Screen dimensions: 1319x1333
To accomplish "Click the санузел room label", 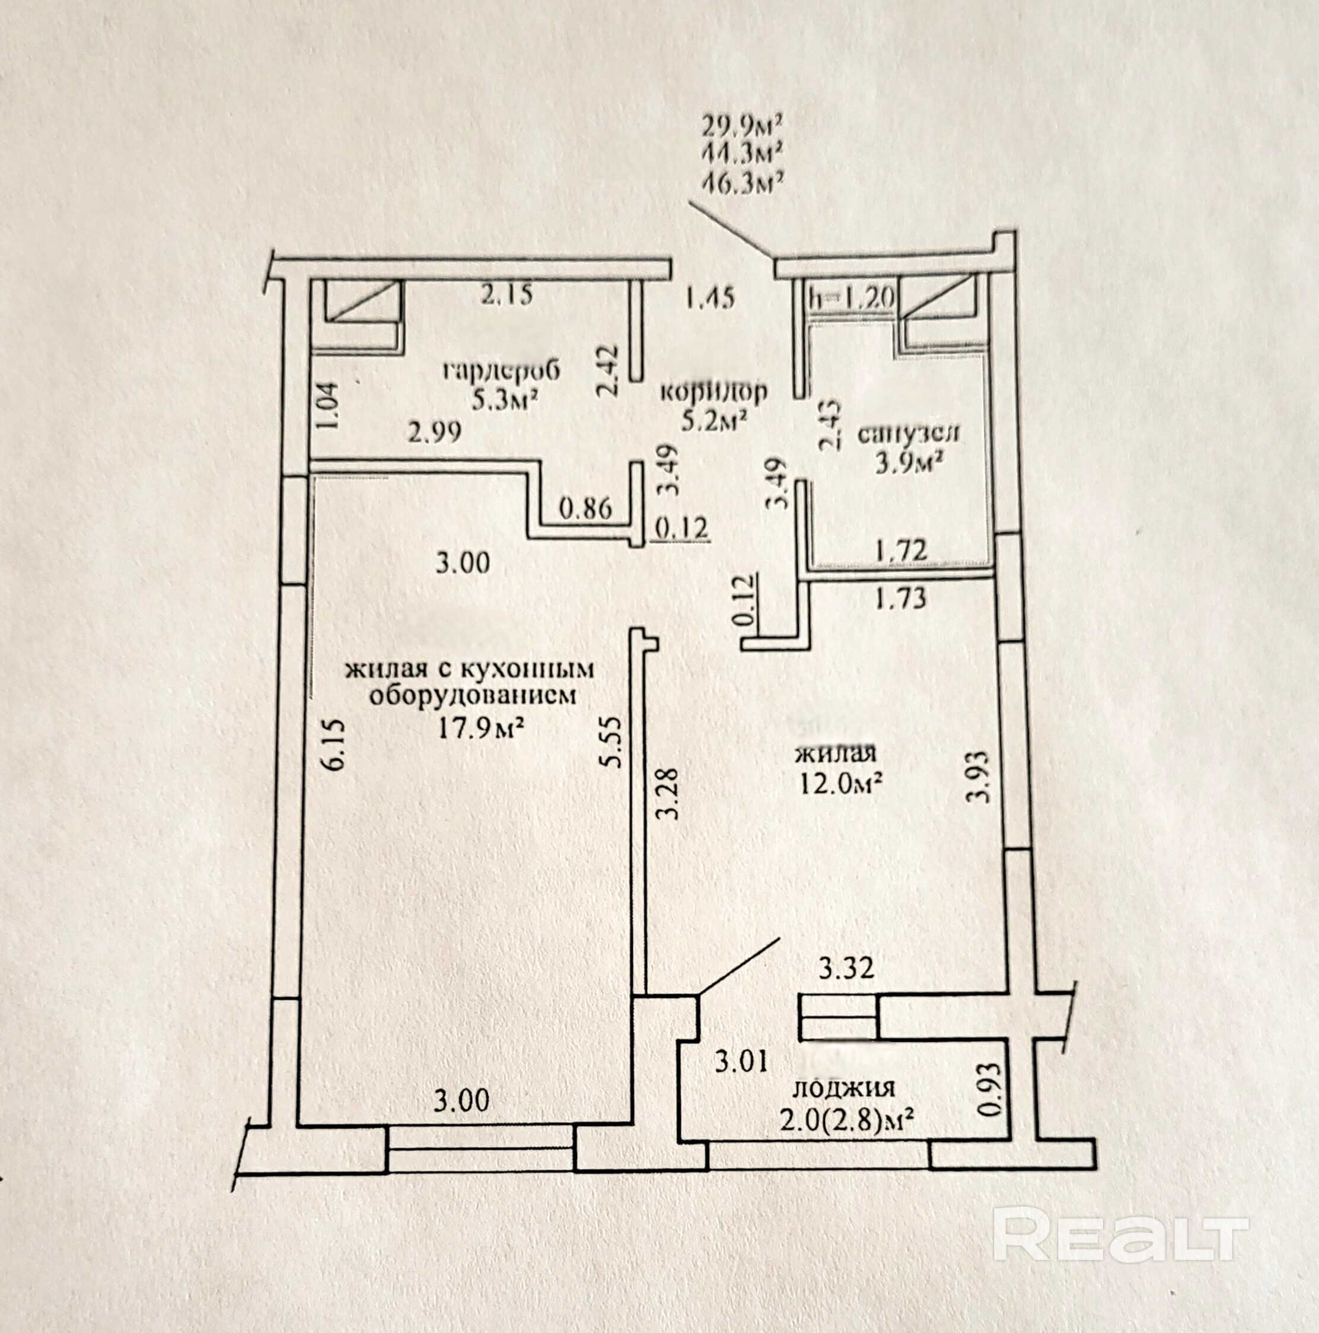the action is click(908, 434).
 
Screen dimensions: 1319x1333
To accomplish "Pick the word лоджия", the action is click(846, 1087).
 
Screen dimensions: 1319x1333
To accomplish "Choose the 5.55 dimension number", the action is click(613, 742).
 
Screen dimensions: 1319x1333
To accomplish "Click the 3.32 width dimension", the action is click(846, 969).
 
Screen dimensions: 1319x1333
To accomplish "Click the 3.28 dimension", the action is click(668, 794).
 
